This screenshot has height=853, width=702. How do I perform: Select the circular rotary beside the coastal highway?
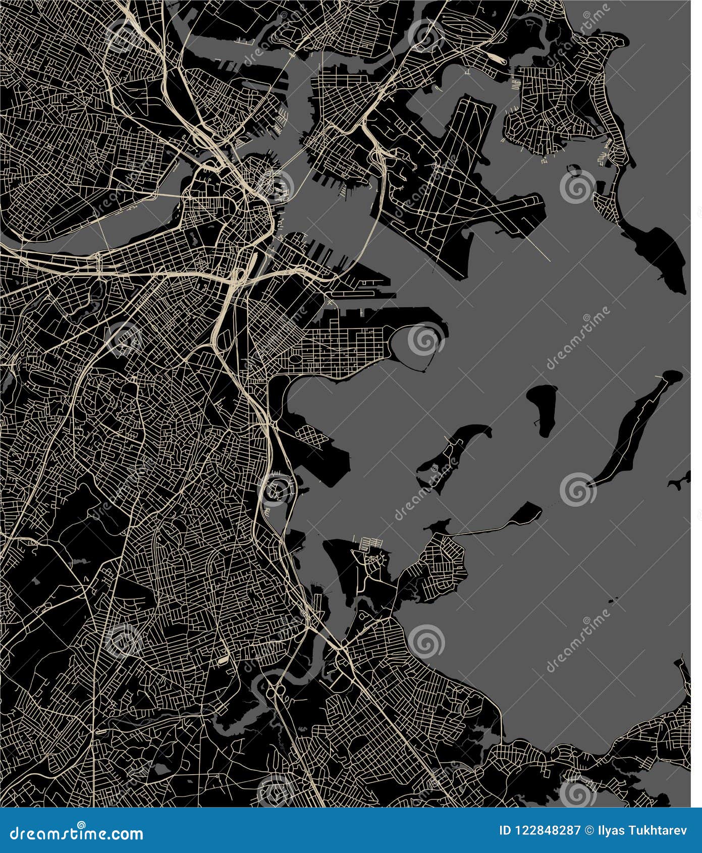tap(276, 488)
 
